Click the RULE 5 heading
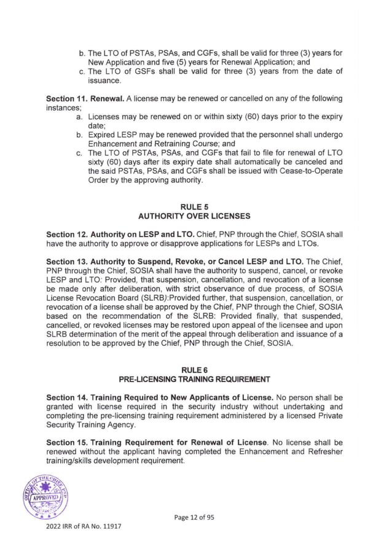(196, 206)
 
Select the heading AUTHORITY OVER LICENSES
(196, 216)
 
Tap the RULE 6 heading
(196, 369)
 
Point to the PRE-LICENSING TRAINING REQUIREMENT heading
(196, 379)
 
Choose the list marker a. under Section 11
(80, 116)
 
